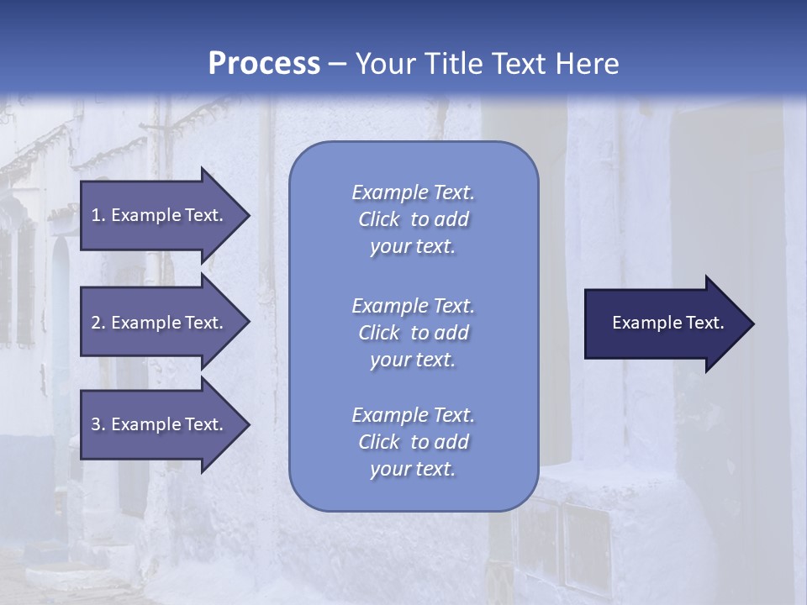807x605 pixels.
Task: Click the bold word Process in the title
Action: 264,64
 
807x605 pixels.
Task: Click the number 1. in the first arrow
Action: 98,215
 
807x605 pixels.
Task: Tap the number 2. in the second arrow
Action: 98,323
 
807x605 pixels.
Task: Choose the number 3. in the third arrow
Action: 98,424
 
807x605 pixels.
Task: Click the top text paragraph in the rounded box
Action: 413,219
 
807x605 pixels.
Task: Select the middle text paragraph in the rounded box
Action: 413,333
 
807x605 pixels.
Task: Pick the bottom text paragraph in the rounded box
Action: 413,442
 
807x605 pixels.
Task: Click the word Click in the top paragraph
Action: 378,220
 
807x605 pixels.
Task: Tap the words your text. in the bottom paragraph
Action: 413,470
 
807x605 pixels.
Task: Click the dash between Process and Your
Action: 337,65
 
